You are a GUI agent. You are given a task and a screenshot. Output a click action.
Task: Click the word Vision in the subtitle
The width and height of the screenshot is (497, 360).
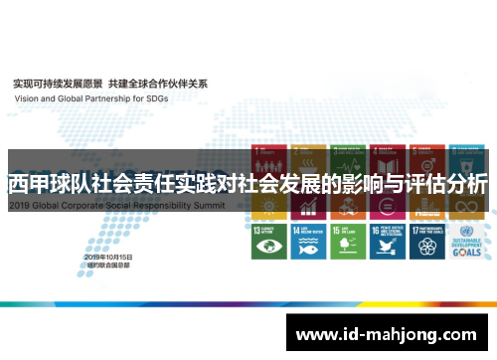(x=26, y=98)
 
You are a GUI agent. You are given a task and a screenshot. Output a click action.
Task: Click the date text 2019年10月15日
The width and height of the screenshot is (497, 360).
(x=109, y=257)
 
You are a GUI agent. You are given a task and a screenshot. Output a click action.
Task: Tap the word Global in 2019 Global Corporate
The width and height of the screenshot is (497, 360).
(x=49, y=203)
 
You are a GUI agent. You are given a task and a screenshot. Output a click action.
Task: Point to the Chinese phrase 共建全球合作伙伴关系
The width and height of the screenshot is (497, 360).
(x=158, y=83)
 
